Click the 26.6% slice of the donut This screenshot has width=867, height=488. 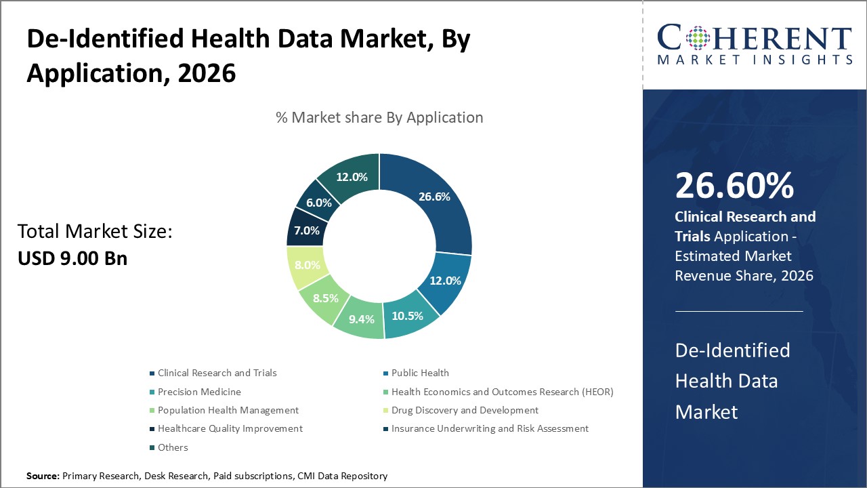point(433,197)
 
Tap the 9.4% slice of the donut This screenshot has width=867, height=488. point(361,319)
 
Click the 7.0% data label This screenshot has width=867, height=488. point(306,230)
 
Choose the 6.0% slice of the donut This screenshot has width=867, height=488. point(318,202)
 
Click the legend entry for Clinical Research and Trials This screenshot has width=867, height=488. point(217,373)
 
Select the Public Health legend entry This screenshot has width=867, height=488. point(420,373)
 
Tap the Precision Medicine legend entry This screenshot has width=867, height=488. point(199,392)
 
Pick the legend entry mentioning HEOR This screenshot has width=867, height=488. point(502,392)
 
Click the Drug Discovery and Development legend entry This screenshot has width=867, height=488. point(465,410)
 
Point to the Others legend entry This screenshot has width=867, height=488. point(173,447)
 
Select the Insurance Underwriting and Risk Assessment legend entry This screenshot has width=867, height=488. point(490,428)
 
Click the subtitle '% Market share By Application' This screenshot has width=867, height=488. point(379,117)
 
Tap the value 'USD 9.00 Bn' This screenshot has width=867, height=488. point(72,258)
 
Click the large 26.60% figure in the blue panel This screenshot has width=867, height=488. point(734,186)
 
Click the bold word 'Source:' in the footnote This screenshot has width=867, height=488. point(43,476)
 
